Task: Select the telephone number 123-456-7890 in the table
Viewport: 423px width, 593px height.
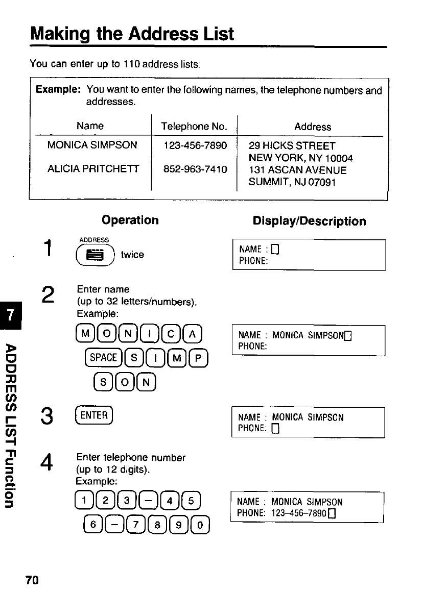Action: coord(195,145)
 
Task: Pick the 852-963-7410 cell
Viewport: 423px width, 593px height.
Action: coord(195,170)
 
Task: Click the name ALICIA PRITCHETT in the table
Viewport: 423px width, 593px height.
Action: coord(92,170)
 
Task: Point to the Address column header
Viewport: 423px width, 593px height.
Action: coord(313,127)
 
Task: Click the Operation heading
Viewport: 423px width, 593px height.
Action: coord(130,220)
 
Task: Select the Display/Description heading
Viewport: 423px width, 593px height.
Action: coord(309,221)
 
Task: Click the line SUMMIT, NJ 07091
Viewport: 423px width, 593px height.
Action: coord(292,182)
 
